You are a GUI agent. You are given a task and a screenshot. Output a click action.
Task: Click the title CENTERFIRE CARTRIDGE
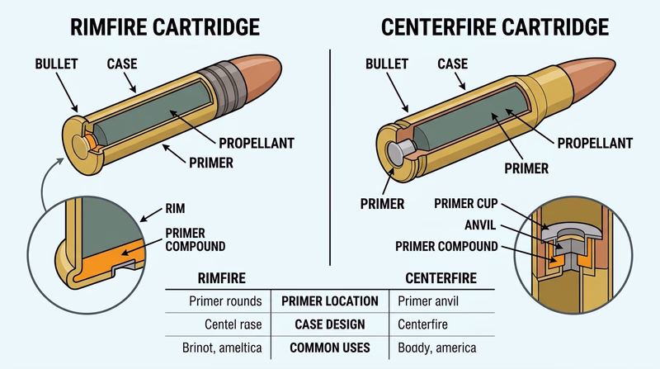click(x=495, y=26)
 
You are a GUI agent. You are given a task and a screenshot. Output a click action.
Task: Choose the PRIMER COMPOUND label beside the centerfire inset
click(x=446, y=246)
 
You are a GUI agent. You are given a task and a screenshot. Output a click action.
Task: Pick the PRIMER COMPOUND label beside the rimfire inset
click(x=195, y=239)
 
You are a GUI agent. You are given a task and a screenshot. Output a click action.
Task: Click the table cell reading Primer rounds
click(x=225, y=301)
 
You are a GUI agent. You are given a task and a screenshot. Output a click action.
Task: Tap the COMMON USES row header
click(x=329, y=348)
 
